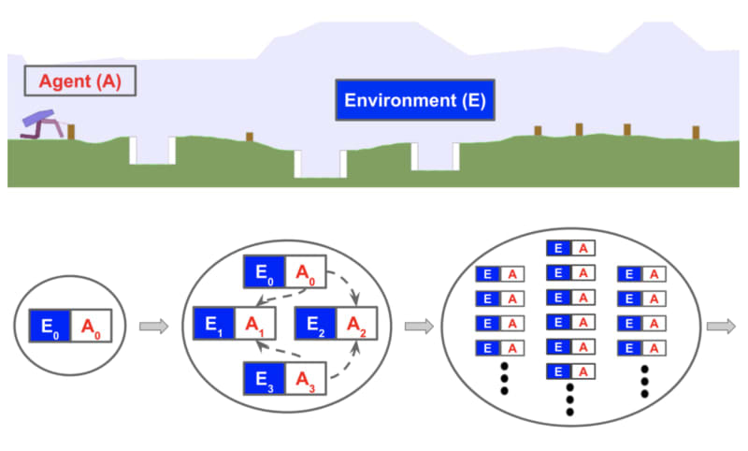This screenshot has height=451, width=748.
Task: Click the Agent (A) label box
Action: pos(79,80)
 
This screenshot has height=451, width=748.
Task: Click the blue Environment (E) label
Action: pos(414,100)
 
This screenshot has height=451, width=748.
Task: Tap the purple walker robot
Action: pos(43,124)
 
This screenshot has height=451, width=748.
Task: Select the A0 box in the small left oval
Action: pos(92,327)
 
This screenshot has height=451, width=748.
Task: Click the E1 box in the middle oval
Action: pos(213,324)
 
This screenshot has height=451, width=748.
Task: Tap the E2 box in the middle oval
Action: pos(316,324)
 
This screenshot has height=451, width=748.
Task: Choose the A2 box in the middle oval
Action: pos(356,324)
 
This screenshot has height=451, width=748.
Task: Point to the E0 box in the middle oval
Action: pos(265,272)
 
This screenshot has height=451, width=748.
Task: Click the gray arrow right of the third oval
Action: pos(719,327)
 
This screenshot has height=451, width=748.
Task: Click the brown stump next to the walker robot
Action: pos(71,132)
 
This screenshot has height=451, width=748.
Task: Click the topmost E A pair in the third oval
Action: pos(570,248)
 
